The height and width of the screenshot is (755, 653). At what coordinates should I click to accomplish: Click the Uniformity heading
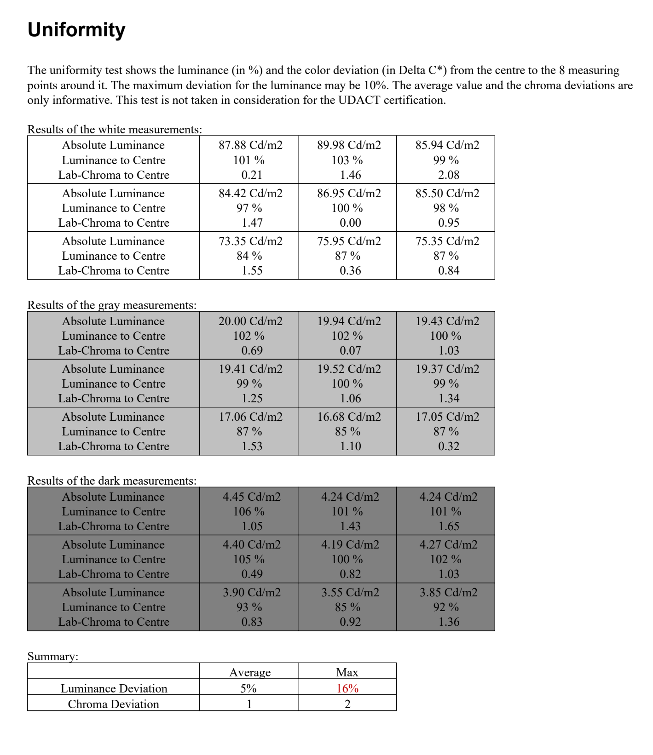pos(76,30)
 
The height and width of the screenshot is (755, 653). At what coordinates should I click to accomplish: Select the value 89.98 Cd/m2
pos(349,145)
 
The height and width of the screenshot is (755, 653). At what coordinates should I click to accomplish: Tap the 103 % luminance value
pos(347,160)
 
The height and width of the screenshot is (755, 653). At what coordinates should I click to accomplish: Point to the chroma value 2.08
pos(448,175)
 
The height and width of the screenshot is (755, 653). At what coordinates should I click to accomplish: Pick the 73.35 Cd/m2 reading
pos(250,241)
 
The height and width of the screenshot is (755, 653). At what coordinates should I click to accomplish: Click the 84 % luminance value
pos(249,256)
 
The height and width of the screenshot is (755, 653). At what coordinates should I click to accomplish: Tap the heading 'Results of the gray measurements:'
pos(112,305)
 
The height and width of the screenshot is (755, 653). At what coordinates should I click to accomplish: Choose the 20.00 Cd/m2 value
pos(250,321)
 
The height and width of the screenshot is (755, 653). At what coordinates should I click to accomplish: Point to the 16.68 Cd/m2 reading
pos(349,417)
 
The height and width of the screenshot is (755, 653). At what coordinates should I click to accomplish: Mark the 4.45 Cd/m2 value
pos(251,497)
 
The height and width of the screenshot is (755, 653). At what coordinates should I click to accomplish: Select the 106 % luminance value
pos(248,512)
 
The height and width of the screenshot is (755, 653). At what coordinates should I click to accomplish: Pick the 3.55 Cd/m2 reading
pos(350,593)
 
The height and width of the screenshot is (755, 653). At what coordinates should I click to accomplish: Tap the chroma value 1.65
pos(448,526)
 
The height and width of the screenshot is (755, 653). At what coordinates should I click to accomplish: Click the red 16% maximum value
pos(347,689)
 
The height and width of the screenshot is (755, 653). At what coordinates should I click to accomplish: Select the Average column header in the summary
pos(250,673)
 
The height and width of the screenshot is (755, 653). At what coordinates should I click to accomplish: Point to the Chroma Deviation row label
pos(113,704)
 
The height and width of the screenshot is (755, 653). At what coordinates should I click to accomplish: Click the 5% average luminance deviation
pos(248,689)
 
